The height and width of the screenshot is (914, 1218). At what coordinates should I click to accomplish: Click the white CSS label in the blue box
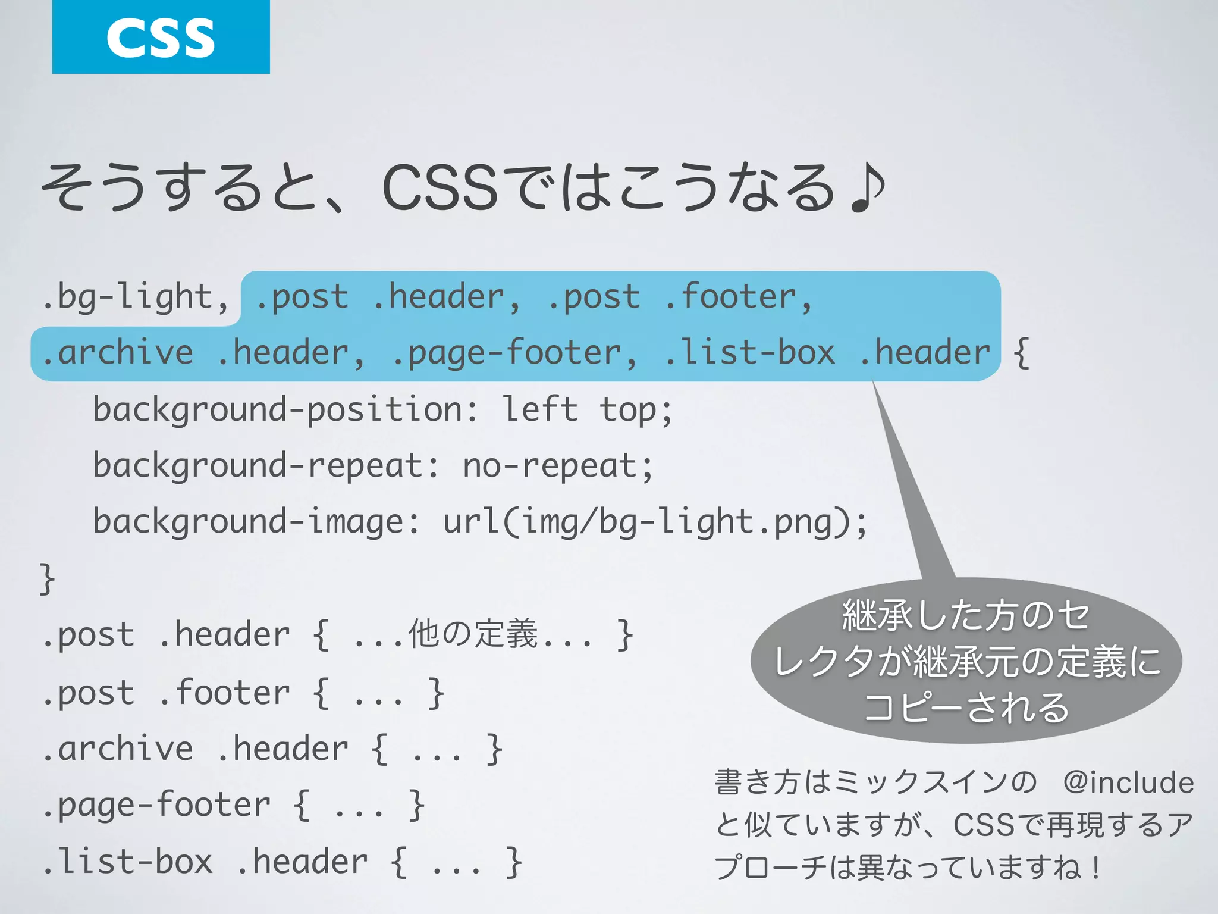(x=161, y=37)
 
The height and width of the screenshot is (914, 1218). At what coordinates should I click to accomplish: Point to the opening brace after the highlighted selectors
(x=1021, y=353)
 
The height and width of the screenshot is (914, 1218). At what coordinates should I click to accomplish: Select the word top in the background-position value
(x=628, y=410)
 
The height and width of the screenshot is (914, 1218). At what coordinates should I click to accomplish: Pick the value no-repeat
(x=550, y=465)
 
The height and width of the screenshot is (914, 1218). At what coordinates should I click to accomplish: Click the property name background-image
(x=249, y=522)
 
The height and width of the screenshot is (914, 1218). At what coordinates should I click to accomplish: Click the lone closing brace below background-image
(x=47, y=578)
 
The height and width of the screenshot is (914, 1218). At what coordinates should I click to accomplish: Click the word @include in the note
(x=1128, y=782)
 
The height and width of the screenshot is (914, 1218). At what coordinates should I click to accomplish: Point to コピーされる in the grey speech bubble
(x=966, y=708)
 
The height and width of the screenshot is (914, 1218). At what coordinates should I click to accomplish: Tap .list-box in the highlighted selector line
(x=749, y=353)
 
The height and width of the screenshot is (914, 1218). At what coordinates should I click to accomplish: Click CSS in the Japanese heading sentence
(x=440, y=189)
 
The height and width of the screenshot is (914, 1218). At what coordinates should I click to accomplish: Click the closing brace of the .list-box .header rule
(x=513, y=862)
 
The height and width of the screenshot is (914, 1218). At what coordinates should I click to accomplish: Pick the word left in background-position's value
(x=540, y=410)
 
